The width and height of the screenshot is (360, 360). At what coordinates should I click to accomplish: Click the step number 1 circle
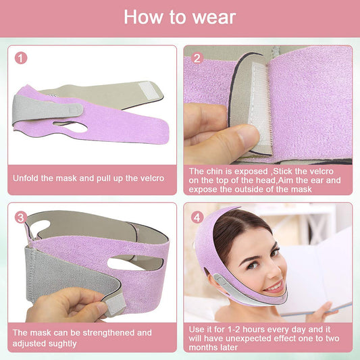pyautogui.click(x=21, y=58)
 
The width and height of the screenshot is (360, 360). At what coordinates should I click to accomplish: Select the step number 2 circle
pyautogui.click(x=197, y=58)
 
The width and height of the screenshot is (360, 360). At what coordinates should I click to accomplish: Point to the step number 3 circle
pyautogui.click(x=21, y=217)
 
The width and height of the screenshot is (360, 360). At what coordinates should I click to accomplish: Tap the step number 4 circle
pyautogui.click(x=197, y=217)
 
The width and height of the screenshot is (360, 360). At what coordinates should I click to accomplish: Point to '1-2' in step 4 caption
pyautogui.click(x=234, y=330)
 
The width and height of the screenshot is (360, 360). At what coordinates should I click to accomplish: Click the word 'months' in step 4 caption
pyautogui.click(x=201, y=347)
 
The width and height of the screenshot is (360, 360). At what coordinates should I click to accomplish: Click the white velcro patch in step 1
pyautogui.click(x=148, y=90)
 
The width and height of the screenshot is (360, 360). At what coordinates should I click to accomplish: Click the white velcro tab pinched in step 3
pyautogui.click(x=115, y=305)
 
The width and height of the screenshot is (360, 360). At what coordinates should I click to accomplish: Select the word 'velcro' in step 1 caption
pyautogui.click(x=152, y=178)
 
